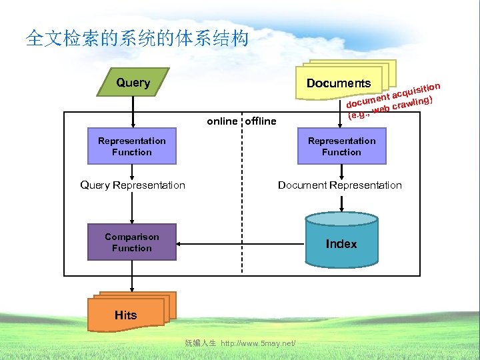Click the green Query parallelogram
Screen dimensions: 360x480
(x=133, y=83)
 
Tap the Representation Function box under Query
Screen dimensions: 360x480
(x=132, y=147)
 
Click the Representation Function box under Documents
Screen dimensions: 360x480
(x=341, y=147)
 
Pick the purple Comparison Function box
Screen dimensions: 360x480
(x=132, y=243)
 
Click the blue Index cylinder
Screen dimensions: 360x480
(x=341, y=244)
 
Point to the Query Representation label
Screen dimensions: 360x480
(x=133, y=185)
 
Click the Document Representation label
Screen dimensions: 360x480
(x=340, y=185)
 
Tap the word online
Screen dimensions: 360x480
(x=222, y=121)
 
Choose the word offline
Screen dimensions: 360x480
(x=261, y=121)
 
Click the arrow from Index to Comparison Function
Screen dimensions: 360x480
(x=240, y=243)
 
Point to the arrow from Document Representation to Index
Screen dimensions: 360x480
(x=341, y=202)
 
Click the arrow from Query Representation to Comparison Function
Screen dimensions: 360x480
(x=132, y=207)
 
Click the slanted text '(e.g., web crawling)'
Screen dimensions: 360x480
(x=392, y=108)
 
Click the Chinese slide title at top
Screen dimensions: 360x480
(x=137, y=38)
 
